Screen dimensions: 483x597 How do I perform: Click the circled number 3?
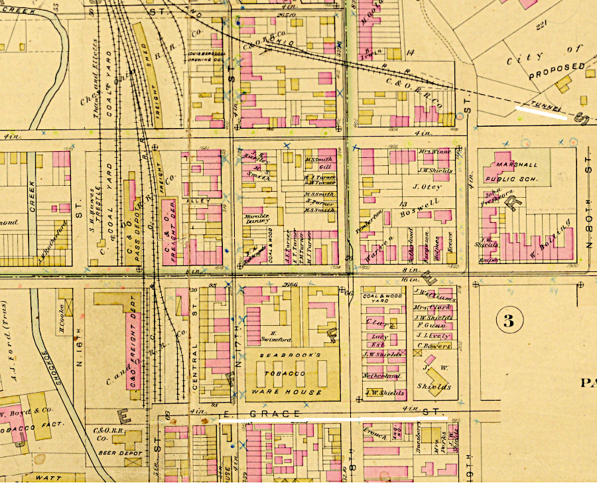(x=509, y=322)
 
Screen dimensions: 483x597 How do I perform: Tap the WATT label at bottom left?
(x=48, y=477)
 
